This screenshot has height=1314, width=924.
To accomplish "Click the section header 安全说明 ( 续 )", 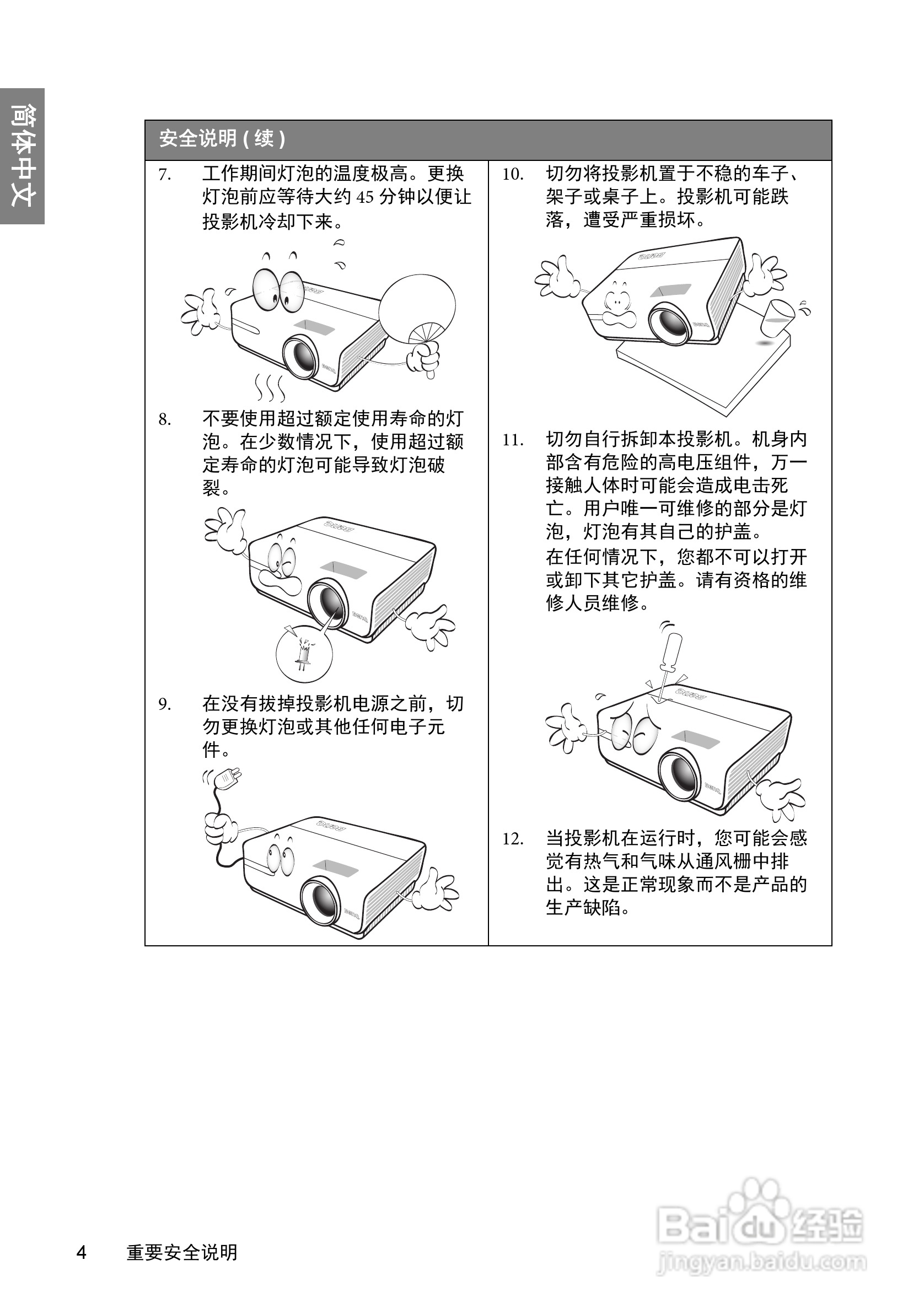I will point(222,139).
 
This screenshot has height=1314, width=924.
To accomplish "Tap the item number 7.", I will point(164,175).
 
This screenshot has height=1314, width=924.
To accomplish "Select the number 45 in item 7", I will point(364,198).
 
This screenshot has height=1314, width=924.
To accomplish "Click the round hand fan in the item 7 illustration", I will point(417,306).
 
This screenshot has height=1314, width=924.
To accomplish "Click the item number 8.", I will point(164,420).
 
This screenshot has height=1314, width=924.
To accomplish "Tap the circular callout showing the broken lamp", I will point(304,653).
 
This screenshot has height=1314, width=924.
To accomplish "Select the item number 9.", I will point(164,704).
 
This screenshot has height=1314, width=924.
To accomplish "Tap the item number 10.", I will point(513,175).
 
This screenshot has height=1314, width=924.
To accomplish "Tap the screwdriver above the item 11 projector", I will point(668,658).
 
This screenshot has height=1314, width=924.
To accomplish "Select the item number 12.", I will point(513,839).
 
